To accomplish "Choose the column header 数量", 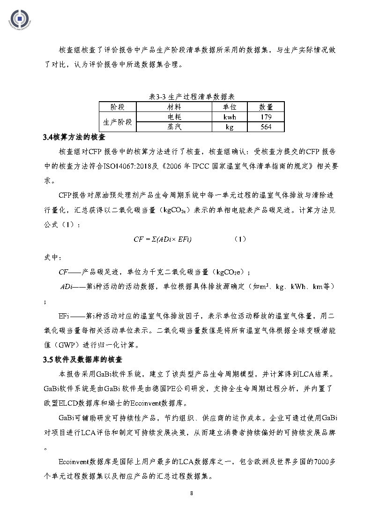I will [x=266, y=106].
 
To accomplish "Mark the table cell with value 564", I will [x=266, y=126].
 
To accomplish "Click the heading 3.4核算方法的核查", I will [x=74, y=138].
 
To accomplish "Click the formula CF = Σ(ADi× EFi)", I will [x=163, y=239].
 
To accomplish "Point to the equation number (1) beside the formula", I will [x=240, y=239].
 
